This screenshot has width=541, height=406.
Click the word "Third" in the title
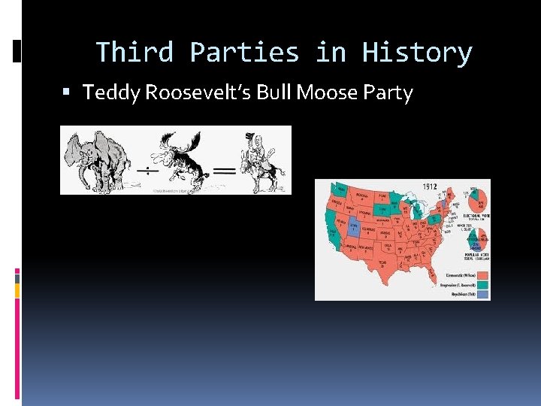click(134, 53)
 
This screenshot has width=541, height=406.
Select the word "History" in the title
click(416, 53)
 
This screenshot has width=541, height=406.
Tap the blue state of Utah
click(352, 226)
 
